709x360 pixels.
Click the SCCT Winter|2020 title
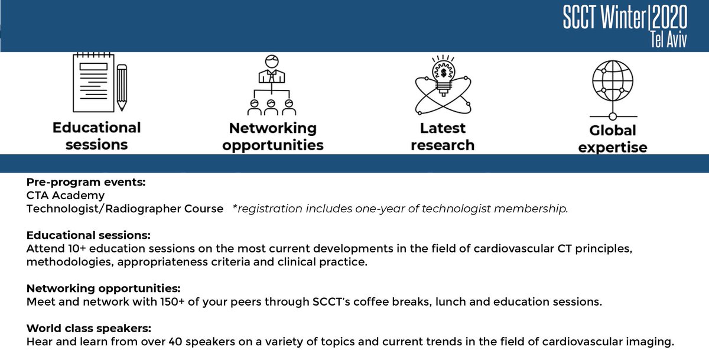625,17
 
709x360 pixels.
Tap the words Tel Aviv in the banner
669,40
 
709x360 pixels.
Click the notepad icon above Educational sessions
93,82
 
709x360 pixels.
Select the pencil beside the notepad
122,87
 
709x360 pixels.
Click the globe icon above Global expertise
613,81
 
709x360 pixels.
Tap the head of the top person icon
272,61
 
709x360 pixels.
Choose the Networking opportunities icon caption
273,137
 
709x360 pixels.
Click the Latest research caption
443,137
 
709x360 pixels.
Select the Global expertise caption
613,139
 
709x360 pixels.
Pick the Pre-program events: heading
86,182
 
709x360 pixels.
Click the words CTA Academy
65,195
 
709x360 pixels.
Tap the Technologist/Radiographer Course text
125,209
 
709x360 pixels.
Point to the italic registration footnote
400,209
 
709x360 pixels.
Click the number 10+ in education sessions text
77,248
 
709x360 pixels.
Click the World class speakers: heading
89,328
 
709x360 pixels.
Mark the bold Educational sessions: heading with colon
88,235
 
